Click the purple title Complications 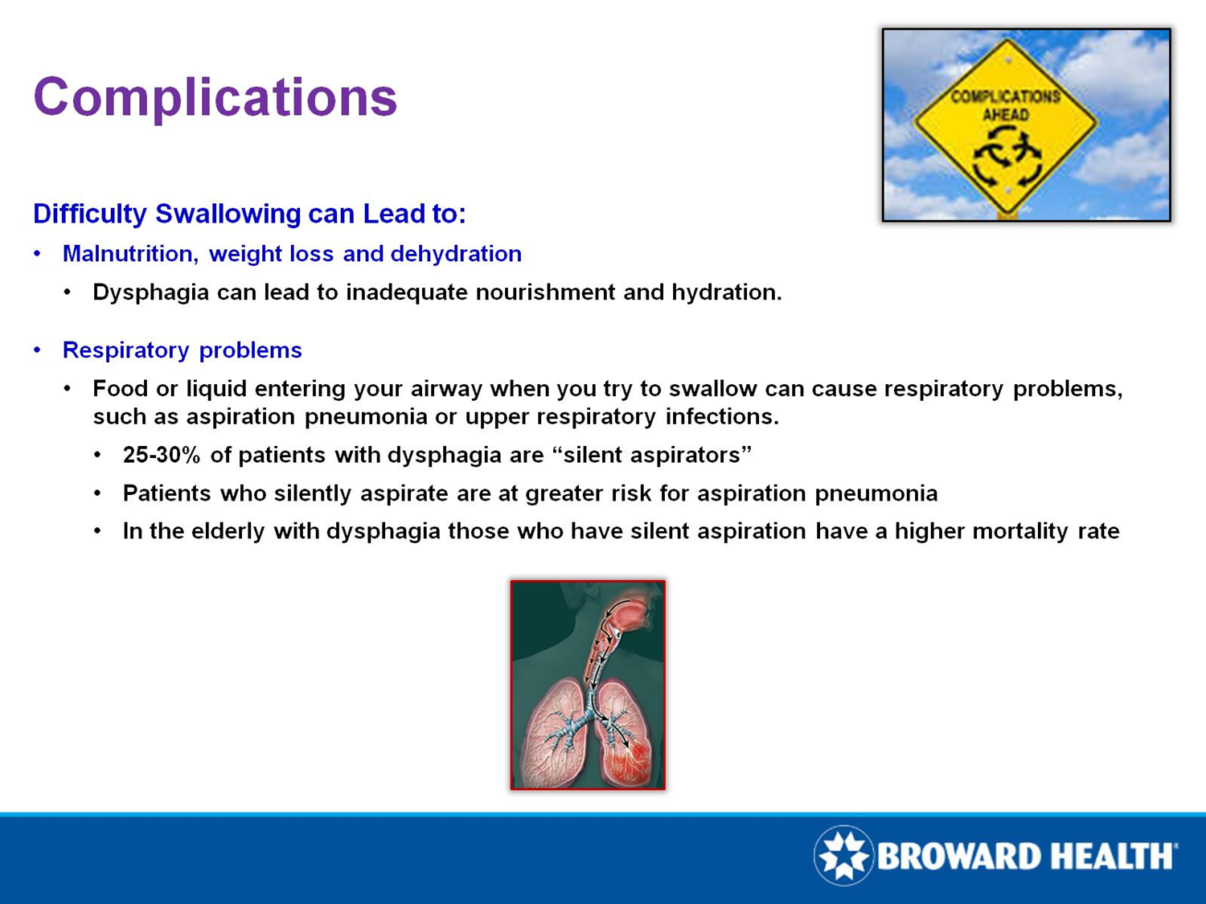[215, 98]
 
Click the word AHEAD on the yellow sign [1006, 115]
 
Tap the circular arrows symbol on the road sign [1007, 157]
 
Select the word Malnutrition [130, 254]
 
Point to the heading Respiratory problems [183, 350]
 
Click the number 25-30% [162, 455]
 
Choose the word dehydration [456, 254]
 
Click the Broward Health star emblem [843, 856]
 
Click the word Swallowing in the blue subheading [228, 214]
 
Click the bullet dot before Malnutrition [37, 254]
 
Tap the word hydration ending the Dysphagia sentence [726, 292]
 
